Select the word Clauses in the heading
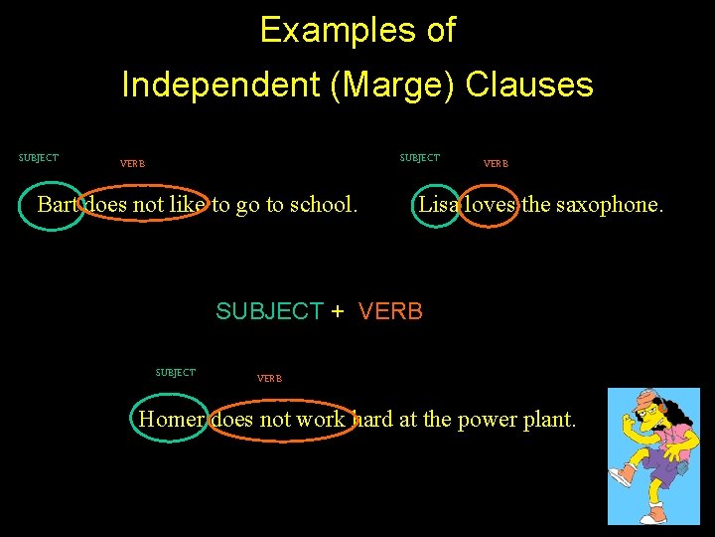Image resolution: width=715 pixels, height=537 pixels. tap(529, 86)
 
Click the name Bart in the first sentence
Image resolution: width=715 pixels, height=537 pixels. tap(57, 205)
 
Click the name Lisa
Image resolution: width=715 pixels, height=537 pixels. tap(438, 205)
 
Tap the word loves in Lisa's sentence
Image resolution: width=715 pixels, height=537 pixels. tap(491, 205)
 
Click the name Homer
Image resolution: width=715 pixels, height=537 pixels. tap(171, 420)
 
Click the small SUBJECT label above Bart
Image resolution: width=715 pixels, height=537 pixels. tap(39, 158)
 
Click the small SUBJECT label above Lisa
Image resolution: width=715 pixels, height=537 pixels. tap(420, 158)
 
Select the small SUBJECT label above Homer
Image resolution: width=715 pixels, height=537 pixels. tap(176, 373)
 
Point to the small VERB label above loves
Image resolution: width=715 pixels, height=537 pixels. tap(495, 163)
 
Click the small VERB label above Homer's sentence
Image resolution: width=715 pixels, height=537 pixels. tap(269, 378)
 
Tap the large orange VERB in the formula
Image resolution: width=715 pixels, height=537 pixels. tap(390, 311)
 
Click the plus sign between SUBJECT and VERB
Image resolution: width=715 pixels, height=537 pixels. tap(338, 311)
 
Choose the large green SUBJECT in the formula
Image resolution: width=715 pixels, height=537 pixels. tap(269, 311)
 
